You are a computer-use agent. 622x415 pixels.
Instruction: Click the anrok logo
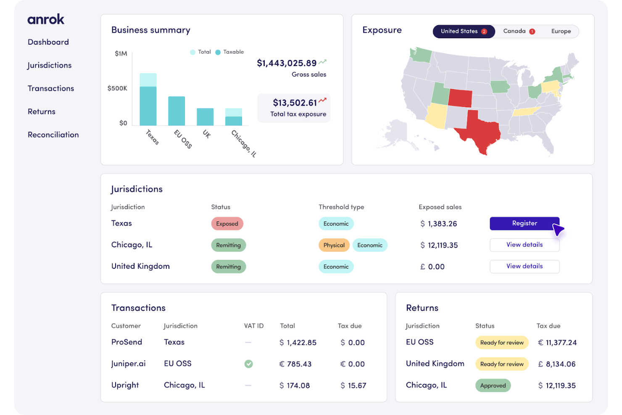tap(46, 19)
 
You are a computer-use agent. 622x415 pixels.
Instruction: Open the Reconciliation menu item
tap(53, 135)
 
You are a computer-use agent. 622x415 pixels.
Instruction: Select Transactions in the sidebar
tap(51, 88)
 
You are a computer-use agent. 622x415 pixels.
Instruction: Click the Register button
tap(524, 223)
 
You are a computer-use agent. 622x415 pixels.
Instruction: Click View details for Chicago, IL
tap(524, 245)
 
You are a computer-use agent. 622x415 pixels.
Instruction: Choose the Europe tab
tap(561, 31)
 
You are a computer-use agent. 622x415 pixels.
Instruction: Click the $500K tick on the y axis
tap(117, 88)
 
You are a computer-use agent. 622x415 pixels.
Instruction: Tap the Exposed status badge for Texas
tap(227, 224)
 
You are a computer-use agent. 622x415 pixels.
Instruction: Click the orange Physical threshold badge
tap(334, 245)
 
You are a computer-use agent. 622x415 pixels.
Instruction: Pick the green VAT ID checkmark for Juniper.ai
tap(248, 364)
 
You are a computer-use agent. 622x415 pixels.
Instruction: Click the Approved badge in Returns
tap(493, 386)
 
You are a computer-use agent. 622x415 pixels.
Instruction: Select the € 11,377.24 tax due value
tap(557, 343)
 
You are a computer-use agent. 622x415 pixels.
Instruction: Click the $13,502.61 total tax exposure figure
tap(295, 103)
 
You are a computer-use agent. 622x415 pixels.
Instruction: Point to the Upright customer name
tap(125, 385)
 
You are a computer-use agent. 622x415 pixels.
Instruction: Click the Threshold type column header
tap(341, 207)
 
